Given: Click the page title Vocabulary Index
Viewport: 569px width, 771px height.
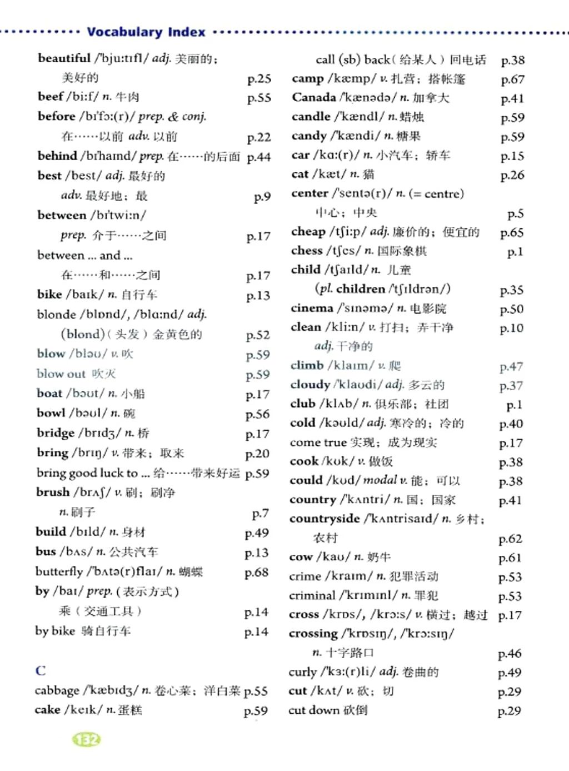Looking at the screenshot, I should tap(146, 32).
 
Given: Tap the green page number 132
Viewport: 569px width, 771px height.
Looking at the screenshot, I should tap(86, 739).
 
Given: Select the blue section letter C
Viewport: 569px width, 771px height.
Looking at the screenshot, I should tap(41, 670).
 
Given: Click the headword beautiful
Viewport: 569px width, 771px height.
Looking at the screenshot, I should tap(64, 58).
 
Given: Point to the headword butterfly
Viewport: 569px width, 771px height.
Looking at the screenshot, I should tap(59, 571).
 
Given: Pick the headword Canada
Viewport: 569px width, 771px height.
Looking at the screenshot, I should tap(313, 97).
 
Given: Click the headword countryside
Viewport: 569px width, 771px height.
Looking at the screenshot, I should tap(325, 519).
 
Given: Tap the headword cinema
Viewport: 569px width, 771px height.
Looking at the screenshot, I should tap(312, 308).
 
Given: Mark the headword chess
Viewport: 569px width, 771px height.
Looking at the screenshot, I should tap(307, 251).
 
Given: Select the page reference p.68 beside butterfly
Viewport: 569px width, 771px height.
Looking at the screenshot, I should tap(256, 573).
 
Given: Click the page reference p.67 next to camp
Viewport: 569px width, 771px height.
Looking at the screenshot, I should tap(512, 79).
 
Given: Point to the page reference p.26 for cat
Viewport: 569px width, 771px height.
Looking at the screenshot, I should tap(512, 175).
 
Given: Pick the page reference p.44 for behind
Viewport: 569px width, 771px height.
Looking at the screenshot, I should tap(258, 157).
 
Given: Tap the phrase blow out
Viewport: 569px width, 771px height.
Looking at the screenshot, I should tap(61, 374).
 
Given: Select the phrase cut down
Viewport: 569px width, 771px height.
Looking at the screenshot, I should tap(314, 710).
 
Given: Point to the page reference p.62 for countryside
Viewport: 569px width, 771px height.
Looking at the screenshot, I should tap(510, 539).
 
